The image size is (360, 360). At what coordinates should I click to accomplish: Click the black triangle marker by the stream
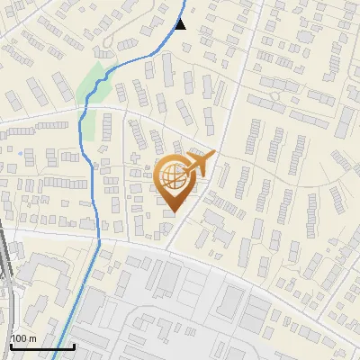[181, 23]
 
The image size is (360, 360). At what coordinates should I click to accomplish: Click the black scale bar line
[41, 346]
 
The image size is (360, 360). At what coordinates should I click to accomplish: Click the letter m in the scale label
[32, 338]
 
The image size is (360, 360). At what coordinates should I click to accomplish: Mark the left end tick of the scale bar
[11, 345]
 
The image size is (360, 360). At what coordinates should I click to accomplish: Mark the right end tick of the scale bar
[73, 345]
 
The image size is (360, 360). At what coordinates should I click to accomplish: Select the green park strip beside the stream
[90, 83]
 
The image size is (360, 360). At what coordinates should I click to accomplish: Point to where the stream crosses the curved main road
[97, 237]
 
